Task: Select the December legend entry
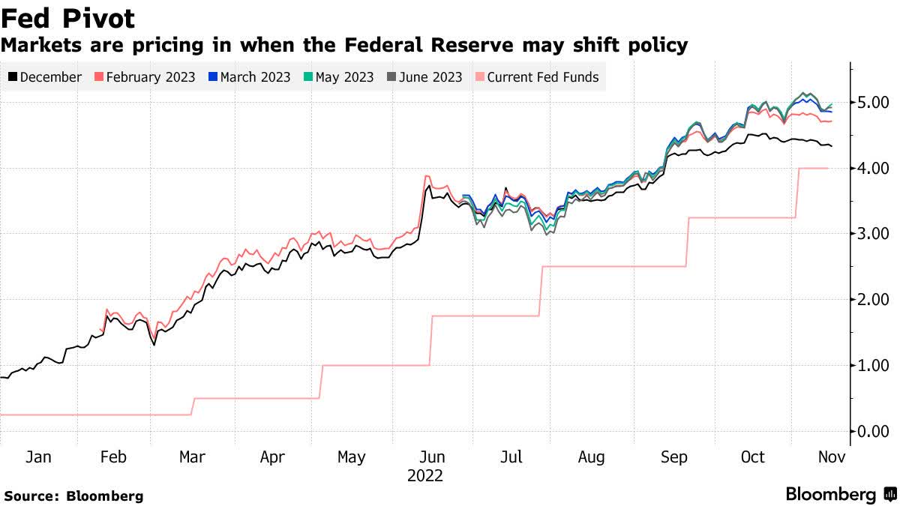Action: coord(44,76)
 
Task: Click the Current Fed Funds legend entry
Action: coord(537,76)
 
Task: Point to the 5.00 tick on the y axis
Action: coord(873,102)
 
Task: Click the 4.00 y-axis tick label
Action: coord(873,168)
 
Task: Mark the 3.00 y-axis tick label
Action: coord(873,234)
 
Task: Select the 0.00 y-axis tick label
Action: coord(873,431)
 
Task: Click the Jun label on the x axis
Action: coord(431,457)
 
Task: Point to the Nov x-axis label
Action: coord(832,457)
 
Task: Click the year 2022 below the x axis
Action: coord(425,476)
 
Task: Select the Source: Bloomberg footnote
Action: coord(73,496)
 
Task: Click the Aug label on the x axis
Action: coord(592,457)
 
